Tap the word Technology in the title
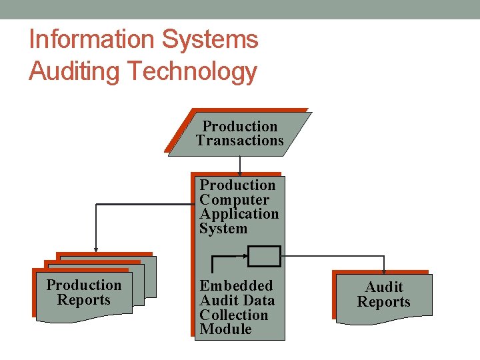coord(194,71)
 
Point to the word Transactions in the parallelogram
coord(240,141)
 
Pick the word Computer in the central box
coord(234,200)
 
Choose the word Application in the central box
coord(239,214)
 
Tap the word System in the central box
coord(223,229)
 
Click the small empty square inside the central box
coord(264,255)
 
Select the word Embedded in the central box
coord(236,286)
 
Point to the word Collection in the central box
coord(233,315)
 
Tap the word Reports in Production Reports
coord(84,300)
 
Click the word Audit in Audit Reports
coord(384,287)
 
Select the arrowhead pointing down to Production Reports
coord(96,249)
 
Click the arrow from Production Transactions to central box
coord(240,166)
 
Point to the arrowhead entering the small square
coord(247,255)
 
